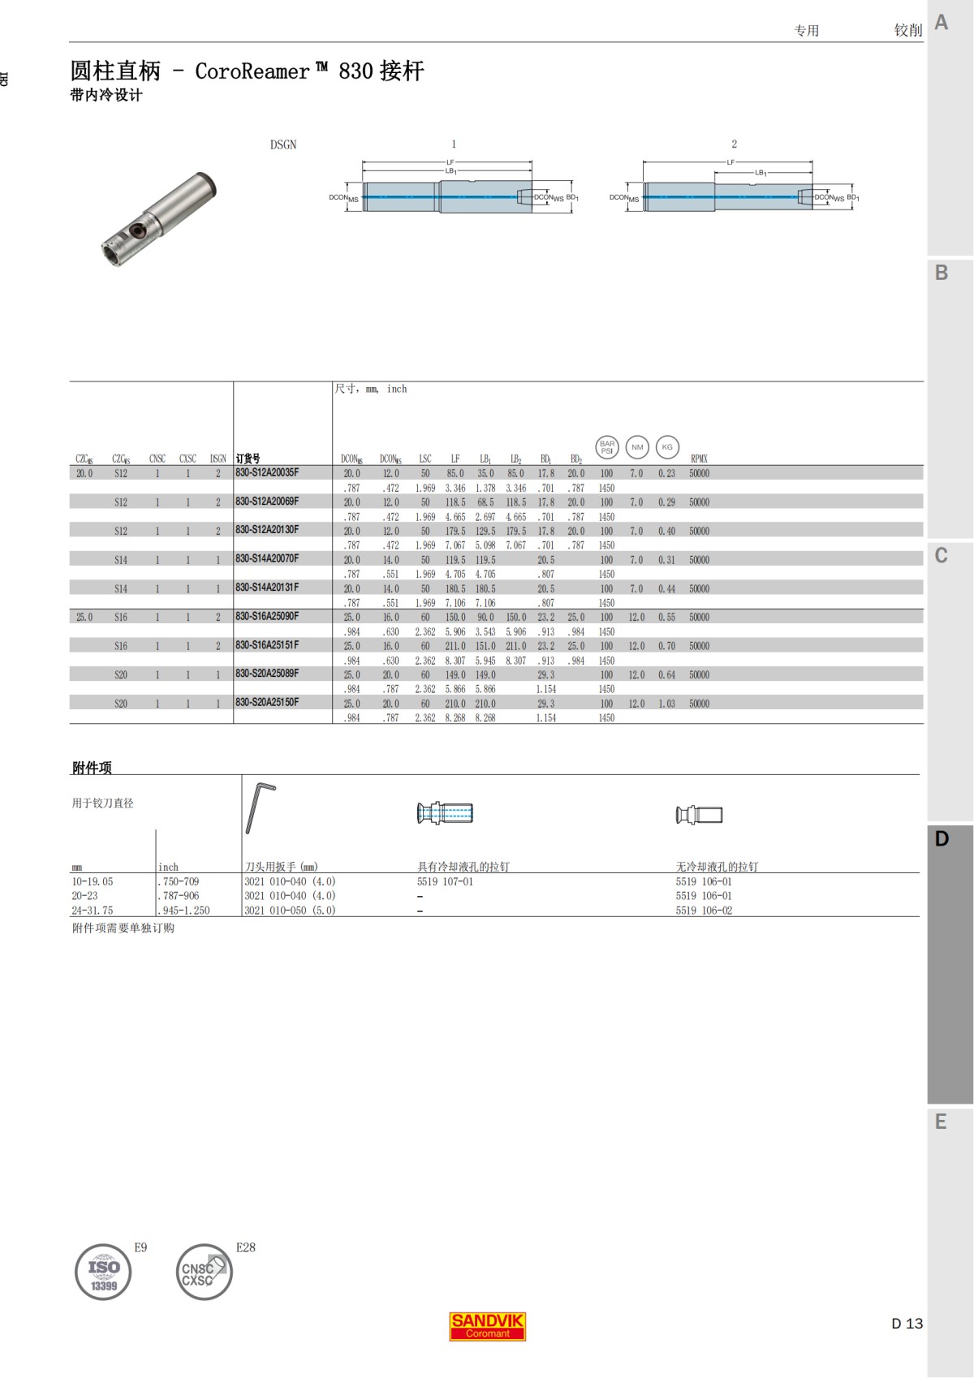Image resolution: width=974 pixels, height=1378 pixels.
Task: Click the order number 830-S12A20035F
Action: click(x=267, y=472)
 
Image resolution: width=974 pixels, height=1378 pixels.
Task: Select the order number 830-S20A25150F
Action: click(x=267, y=702)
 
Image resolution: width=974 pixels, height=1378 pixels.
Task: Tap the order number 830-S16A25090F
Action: click(x=267, y=616)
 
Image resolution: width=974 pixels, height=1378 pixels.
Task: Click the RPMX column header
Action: click(x=699, y=459)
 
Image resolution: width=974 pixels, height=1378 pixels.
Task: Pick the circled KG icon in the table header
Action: click(x=667, y=447)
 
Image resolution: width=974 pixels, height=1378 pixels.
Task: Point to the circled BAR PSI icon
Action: click(x=607, y=447)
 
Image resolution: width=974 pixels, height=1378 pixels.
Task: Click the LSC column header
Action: click(x=425, y=459)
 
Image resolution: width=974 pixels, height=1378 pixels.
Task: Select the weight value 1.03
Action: click(x=666, y=704)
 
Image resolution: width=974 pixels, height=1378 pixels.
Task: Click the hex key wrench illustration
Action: click(x=260, y=807)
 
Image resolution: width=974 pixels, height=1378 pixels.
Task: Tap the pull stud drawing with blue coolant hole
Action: click(x=445, y=813)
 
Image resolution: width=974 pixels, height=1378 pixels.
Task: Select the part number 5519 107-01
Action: click(x=445, y=881)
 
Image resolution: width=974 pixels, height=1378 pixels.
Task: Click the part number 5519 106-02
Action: click(x=704, y=911)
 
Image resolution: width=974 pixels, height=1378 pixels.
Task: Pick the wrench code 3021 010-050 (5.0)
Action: click(x=290, y=911)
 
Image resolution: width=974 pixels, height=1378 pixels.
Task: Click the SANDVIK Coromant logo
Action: click(x=488, y=1326)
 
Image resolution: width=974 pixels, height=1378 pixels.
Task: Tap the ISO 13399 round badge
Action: click(x=103, y=1272)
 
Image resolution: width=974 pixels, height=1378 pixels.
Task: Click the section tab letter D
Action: click(x=942, y=839)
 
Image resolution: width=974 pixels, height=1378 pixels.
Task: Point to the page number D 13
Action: click(x=907, y=1324)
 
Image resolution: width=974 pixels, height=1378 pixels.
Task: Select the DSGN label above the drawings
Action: click(x=283, y=144)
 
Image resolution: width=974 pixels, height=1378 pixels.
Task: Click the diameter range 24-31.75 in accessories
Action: click(x=93, y=911)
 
